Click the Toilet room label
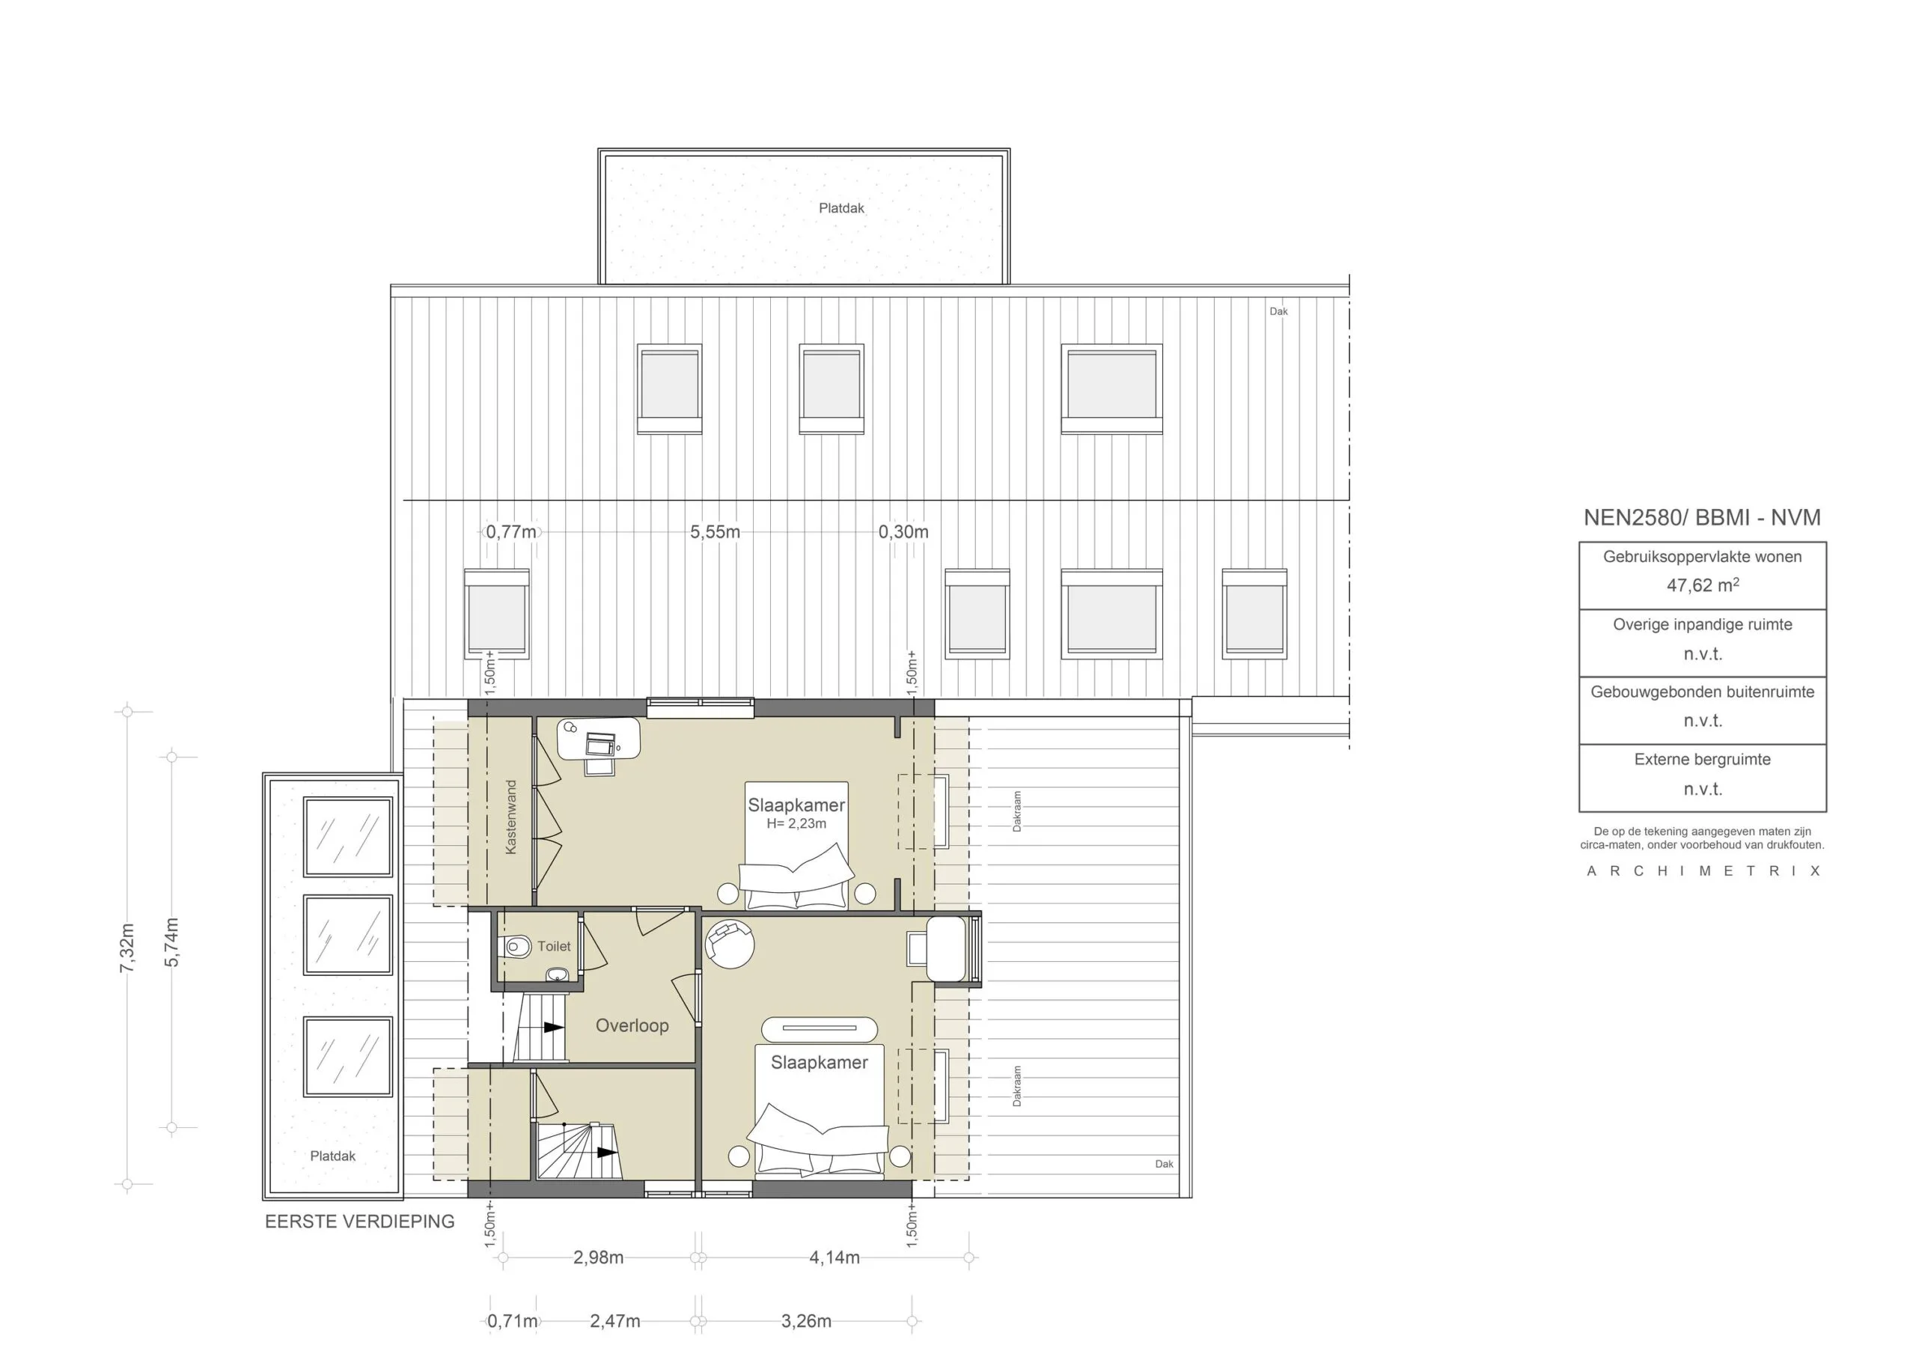[553, 946]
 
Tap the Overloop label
[632, 1025]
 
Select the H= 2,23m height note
[796, 824]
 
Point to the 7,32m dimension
[126, 948]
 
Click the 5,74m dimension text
[172, 942]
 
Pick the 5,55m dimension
[714, 531]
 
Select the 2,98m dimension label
[598, 1257]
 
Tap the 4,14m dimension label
[834, 1257]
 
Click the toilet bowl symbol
[517, 947]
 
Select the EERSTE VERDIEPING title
[360, 1222]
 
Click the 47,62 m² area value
[1703, 585]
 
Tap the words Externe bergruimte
[1703, 760]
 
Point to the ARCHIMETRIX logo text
[1703, 870]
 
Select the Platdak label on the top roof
[841, 208]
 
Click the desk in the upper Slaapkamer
[598, 739]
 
